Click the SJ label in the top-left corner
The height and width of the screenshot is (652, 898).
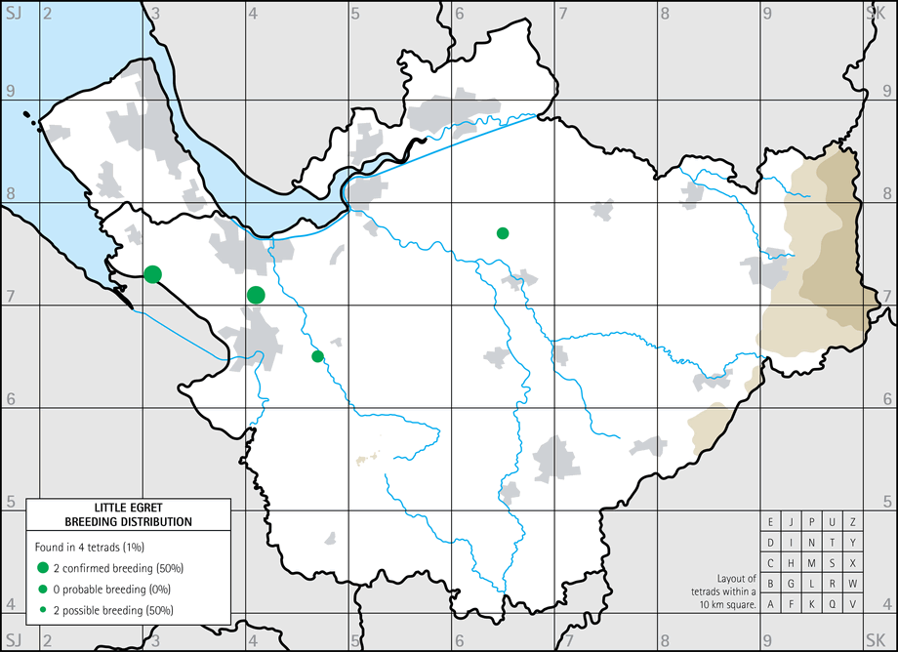point(13,11)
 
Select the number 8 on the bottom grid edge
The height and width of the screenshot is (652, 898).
point(665,641)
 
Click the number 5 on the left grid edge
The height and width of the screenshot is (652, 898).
point(10,502)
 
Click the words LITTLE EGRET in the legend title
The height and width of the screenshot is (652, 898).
point(128,509)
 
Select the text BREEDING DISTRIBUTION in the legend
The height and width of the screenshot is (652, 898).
point(128,522)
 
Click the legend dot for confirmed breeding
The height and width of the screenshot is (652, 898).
point(43,567)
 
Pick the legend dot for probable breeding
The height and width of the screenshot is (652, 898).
point(43,589)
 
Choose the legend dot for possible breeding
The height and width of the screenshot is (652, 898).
point(43,610)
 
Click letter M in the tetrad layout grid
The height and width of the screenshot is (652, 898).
point(811,563)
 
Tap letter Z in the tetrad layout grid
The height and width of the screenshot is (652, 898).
point(852,522)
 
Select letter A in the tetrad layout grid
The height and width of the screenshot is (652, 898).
point(770,604)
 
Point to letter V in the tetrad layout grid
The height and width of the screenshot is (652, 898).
point(852,604)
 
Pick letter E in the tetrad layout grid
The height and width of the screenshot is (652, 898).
point(770,522)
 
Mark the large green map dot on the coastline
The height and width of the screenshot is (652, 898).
point(152,274)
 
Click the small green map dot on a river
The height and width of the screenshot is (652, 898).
point(317,356)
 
